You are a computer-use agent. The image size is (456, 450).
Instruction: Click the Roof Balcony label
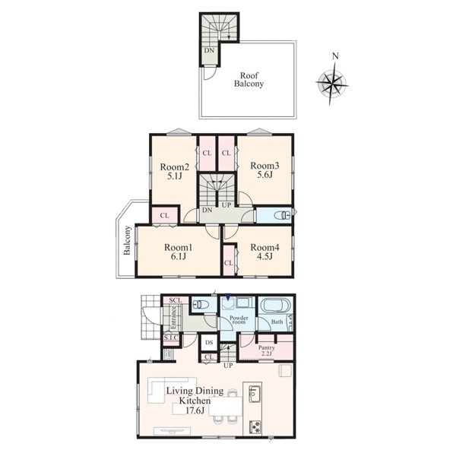(x=249, y=80)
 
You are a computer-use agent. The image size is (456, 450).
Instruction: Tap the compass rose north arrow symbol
(x=332, y=80)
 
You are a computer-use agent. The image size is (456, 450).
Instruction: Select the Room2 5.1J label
(x=175, y=171)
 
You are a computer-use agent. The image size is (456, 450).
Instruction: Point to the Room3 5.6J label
(x=264, y=170)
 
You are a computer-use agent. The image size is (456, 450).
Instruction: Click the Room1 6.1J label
(x=178, y=252)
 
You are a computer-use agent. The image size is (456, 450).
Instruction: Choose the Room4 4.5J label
(x=264, y=252)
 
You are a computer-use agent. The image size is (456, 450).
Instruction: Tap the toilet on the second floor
(x=282, y=216)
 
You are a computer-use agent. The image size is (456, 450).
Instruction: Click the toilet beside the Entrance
(x=201, y=305)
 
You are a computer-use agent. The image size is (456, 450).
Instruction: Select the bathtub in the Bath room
(x=276, y=306)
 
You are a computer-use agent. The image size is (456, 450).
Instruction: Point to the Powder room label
(x=239, y=320)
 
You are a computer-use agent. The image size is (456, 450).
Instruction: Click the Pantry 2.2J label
(x=267, y=351)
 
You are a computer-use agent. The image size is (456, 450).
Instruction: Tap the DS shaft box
(x=209, y=343)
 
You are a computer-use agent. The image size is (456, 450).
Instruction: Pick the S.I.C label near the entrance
(x=171, y=337)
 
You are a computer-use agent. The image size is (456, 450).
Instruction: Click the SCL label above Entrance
(x=176, y=300)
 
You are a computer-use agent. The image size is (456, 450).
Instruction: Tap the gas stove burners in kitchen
(x=255, y=427)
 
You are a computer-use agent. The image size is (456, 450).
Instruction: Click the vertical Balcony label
(x=127, y=240)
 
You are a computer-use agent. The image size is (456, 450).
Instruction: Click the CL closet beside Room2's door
(x=164, y=216)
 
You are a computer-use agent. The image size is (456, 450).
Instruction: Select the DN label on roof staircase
(x=209, y=50)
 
